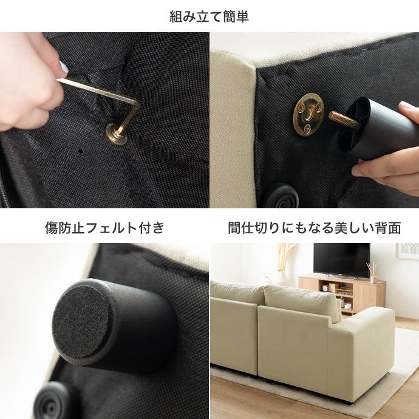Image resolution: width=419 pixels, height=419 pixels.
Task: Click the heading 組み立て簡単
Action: (209, 16)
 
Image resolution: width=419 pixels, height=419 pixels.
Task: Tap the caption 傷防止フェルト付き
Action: (104, 228)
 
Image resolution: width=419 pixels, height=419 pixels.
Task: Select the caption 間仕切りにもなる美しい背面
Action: (315, 228)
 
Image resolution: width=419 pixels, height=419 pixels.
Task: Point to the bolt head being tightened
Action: (117, 134)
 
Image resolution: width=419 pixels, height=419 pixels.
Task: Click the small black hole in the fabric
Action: (80, 151)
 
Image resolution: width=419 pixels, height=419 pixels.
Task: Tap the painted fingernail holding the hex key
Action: (64, 67)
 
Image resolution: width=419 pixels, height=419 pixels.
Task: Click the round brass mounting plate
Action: (308, 114)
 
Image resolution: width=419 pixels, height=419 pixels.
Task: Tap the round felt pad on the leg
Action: (80, 322)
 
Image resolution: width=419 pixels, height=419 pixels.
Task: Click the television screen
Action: (341, 259)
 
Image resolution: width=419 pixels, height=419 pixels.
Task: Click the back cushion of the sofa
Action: (303, 302)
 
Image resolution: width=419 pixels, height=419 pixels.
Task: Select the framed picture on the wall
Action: (408, 250)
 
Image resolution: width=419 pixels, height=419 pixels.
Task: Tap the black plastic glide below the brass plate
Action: (282, 196)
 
